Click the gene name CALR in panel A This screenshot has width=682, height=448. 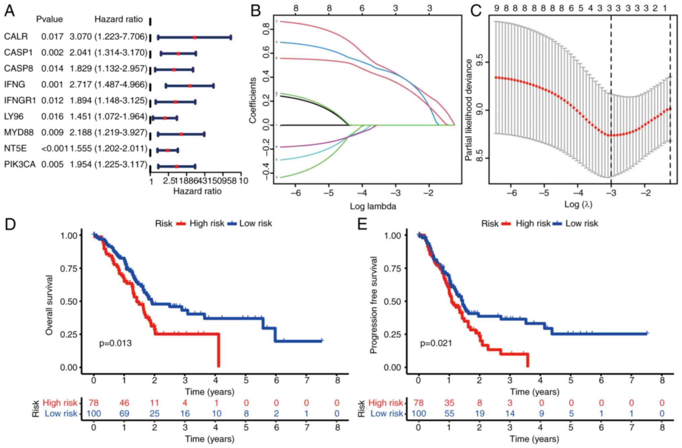coord(16,37)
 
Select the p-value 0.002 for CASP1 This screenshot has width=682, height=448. coord(52,53)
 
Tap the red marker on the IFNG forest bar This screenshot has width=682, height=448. coord(190,86)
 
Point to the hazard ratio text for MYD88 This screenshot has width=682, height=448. coord(108,133)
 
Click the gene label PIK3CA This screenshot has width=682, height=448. coord(19,164)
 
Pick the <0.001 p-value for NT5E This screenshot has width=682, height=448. coord(55,149)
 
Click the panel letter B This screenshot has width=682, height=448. coord(255,11)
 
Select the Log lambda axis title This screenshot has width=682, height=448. coord(373,206)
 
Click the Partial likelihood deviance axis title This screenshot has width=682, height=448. coord(469,110)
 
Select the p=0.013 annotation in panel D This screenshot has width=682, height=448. coord(115,343)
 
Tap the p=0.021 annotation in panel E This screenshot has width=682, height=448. coord(436,343)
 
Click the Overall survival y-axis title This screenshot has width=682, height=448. coord(49,305)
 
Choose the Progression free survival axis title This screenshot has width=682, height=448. coord(374,305)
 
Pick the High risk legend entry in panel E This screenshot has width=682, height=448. coord(533,223)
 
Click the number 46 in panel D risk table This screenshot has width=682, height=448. coord(124,403)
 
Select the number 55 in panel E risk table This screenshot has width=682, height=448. coord(449,413)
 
